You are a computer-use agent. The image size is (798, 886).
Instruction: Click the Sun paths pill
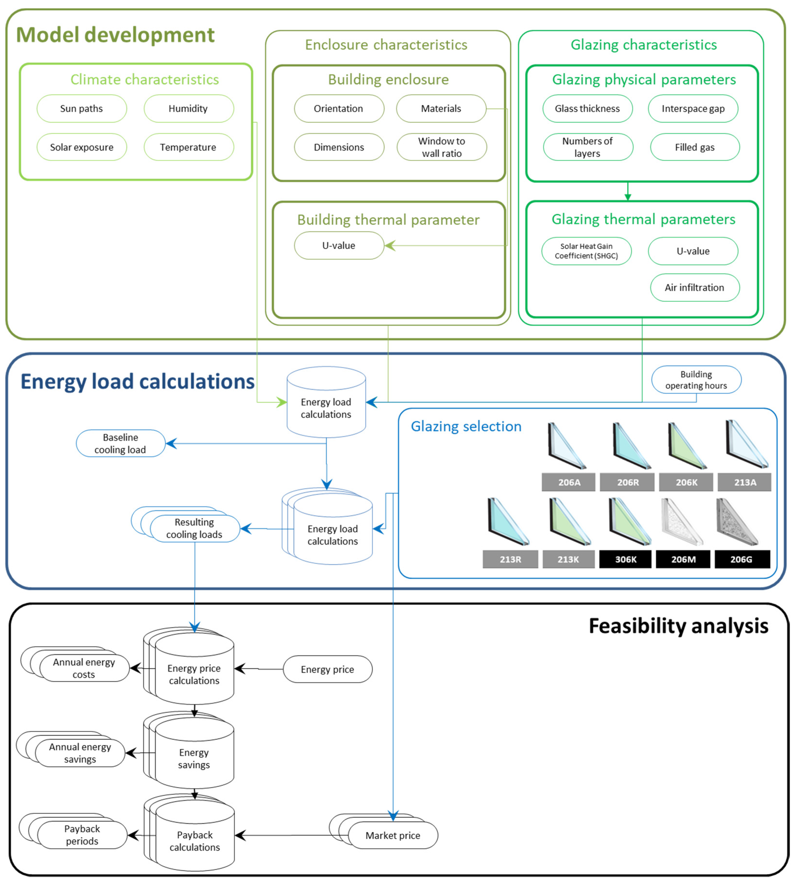(82, 108)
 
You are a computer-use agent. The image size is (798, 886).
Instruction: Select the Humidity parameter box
(188, 108)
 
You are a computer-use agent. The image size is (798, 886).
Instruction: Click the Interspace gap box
(693, 108)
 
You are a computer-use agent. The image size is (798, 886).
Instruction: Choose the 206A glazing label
(569, 482)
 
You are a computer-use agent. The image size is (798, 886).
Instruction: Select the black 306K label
(625, 559)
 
